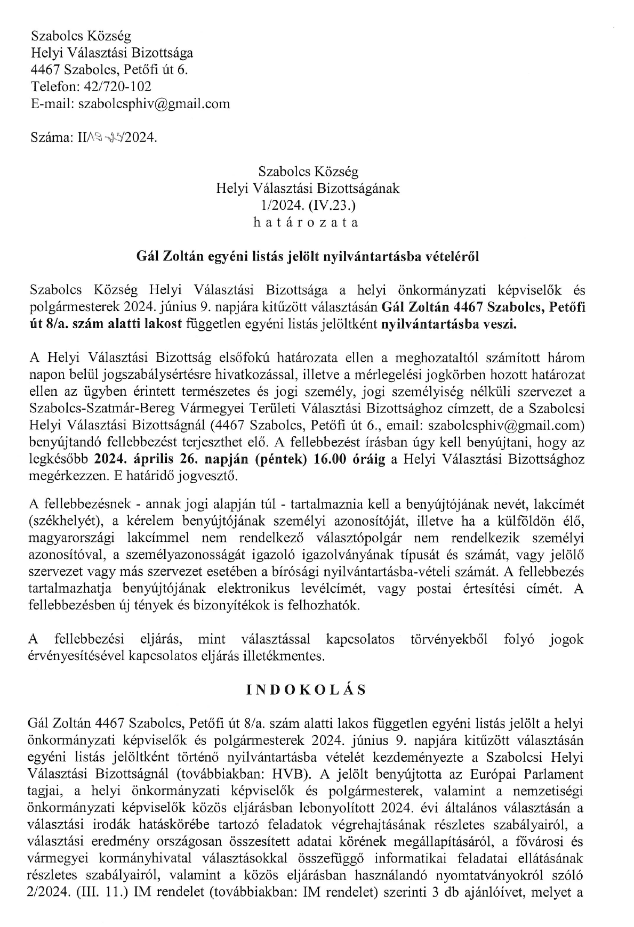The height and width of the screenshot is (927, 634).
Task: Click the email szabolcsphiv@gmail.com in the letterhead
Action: point(154,104)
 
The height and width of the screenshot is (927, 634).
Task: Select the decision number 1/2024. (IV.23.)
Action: point(308,205)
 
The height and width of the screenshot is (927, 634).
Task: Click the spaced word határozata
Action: point(306,222)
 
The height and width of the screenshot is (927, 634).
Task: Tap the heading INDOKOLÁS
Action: point(306,689)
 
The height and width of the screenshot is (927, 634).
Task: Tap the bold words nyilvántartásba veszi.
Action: point(450,324)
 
